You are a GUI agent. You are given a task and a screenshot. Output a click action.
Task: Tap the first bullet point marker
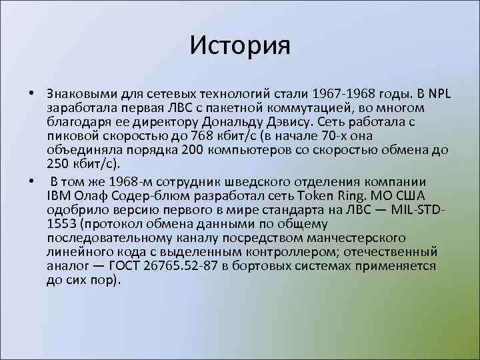[31, 92]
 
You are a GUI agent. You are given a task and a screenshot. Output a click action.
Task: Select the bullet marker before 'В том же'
[31, 182]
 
